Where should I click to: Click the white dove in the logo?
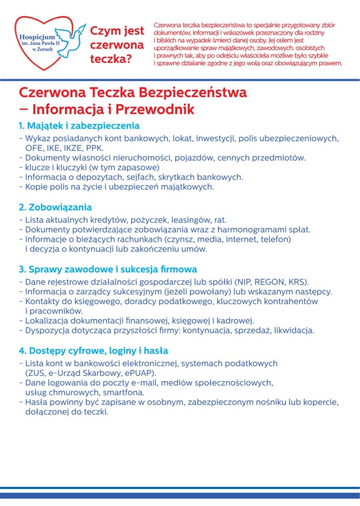pos(69,38)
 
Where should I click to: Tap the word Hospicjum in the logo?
pos(35,37)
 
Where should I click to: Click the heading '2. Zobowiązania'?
pos(55,207)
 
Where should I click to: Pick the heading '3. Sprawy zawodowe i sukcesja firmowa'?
pos(108,269)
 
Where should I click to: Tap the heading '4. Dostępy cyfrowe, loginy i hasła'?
pos(93,351)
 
